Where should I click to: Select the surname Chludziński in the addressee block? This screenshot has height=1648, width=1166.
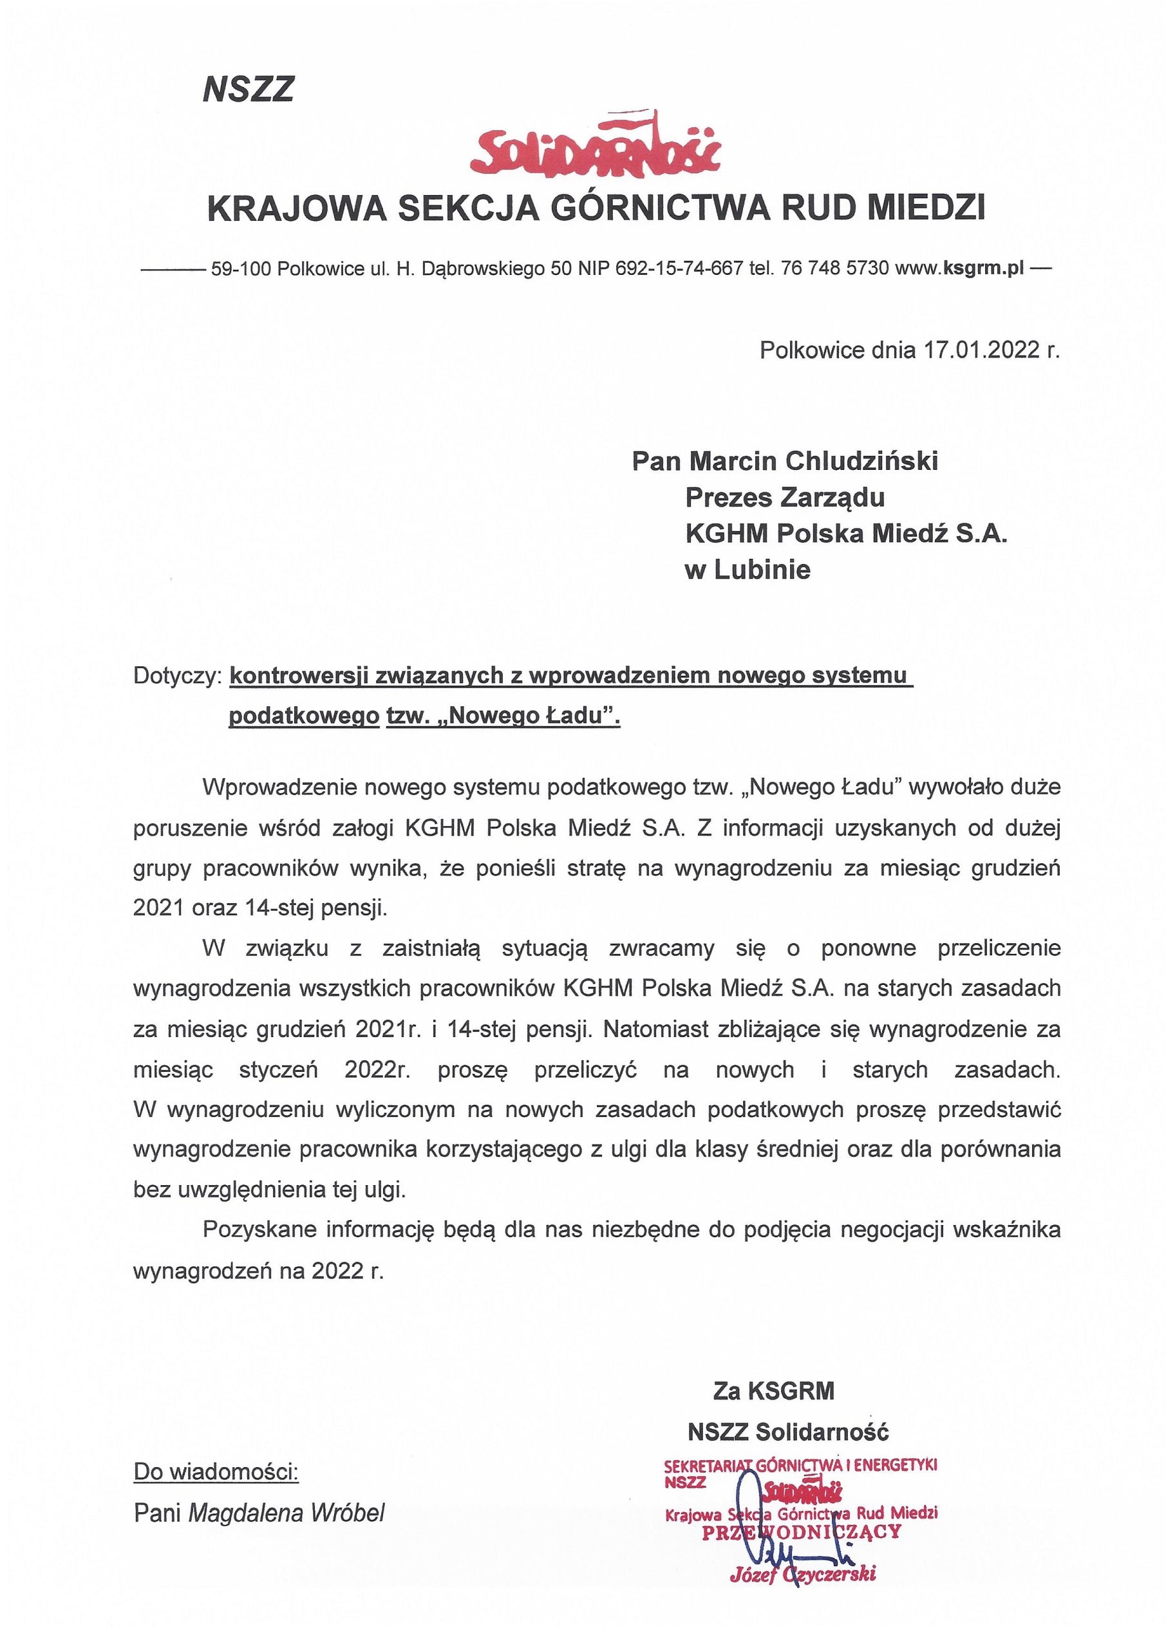point(861,461)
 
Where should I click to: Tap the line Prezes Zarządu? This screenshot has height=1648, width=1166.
point(785,497)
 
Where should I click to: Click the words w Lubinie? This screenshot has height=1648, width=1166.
point(748,570)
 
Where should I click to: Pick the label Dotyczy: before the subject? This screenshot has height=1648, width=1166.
point(176,677)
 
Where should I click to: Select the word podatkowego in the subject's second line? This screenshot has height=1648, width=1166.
point(304,716)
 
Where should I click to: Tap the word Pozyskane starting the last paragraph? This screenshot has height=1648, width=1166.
point(259,1230)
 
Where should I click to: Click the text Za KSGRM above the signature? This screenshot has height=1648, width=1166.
point(774,1390)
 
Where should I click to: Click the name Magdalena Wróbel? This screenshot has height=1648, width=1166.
point(287,1513)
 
